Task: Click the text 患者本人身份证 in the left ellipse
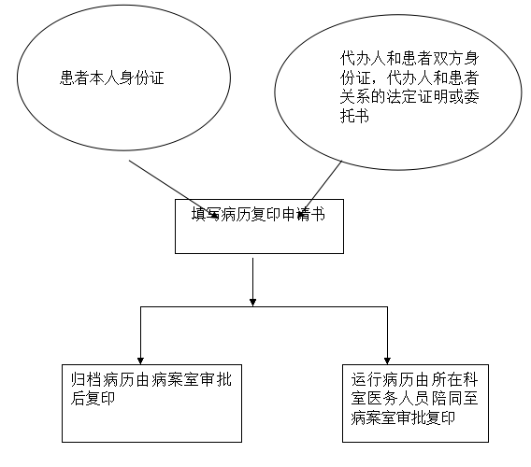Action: pos(112,78)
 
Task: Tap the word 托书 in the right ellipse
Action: pos(354,117)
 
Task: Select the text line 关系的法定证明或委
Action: pos(409,97)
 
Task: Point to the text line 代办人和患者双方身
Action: pos(409,59)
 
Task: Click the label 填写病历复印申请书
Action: pos(258,214)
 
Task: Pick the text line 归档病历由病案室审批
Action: pos(151,379)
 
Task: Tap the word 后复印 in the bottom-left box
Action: pos(93,398)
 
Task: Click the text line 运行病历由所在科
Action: pos(414,379)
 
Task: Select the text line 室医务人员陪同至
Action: pos(414,398)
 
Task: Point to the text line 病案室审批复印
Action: pos(403,417)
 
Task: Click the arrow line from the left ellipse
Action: pos(173,189)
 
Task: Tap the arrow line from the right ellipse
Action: pos(321,189)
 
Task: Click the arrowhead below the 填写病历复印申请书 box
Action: pos(252,303)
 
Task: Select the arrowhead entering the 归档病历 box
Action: pos(140,361)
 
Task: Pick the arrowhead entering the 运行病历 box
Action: pos(387,361)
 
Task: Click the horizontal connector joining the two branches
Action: pos(264,307)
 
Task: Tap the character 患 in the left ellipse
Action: pos(67,78)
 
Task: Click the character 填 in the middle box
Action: pos(199,214)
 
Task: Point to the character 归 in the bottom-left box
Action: pos(78,379)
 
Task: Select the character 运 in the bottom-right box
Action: pos(359,379)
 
